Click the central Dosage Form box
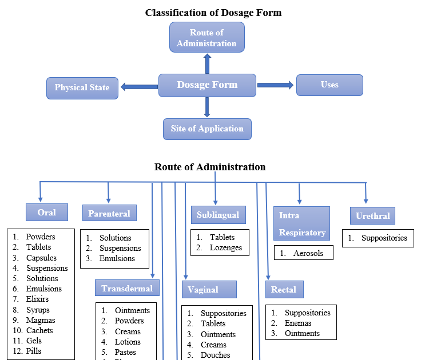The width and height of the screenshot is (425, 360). pyautogui.click(x=207, y=85)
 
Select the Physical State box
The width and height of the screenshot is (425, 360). pyautogui.click(x=82, y=88)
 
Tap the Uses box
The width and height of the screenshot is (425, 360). pyautogui.click(x=329, y=85)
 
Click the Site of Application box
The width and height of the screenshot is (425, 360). pyautogui.click(x=207, y=129)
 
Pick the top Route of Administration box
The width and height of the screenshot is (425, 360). pyautogui.click(x=206, y=38)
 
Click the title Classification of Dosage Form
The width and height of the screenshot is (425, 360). pyautogui.click(x=213, y=13)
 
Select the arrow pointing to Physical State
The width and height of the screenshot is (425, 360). pyautogui.click(x=139, y=87)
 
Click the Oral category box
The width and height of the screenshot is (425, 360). pyautogui.click(x=47, y=213)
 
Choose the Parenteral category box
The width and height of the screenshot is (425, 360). pyautogui.click(x=109, y=214)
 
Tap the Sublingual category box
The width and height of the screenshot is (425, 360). pyautogui.click(x=218, y=215)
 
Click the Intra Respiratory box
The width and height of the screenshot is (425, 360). pyautogui.click(x=302, y=223)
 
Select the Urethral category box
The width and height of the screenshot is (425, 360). pyautogui.click(x=372, y=216)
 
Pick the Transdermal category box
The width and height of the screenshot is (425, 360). pyautogui.click(x=127, y=289)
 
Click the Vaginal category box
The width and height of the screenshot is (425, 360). pyautogui.click(x=209, y=290)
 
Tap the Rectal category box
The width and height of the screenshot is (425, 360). pyautogui.click(x=284, y=290)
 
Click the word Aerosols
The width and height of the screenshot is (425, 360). pyautogui.click(x=308, y=253)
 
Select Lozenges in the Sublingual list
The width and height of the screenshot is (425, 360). pyautogui.click(x=225, y=248)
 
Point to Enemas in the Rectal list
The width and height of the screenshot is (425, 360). pyautogui.click(x=298, y=323)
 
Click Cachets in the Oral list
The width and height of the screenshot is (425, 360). pyautogui.click(x=39, y=330)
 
